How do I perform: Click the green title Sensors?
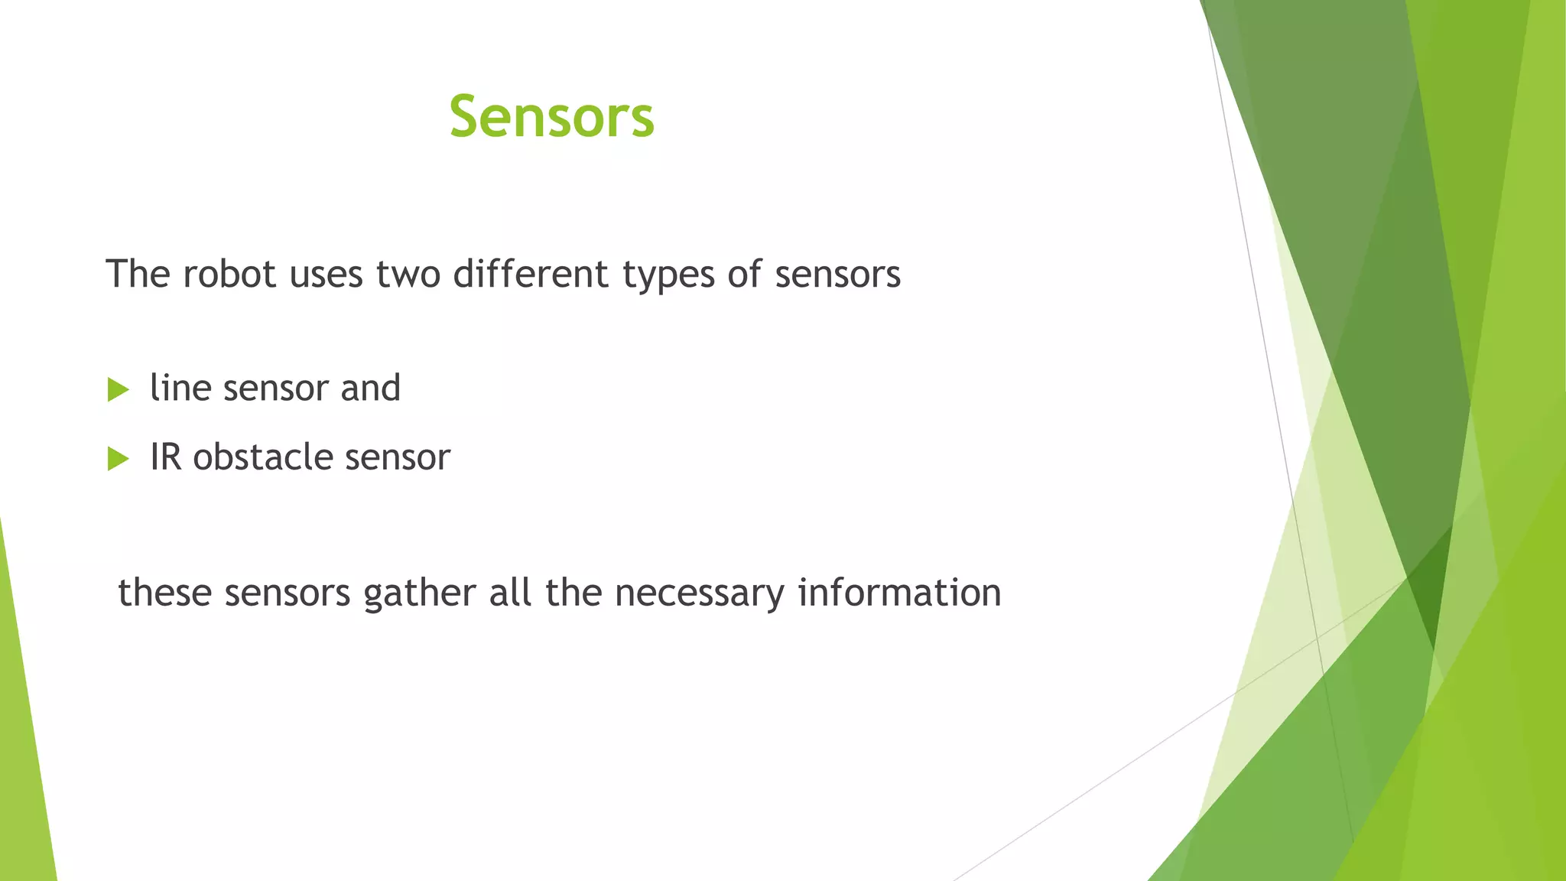[551, 117]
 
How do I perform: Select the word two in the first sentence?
[408, 274]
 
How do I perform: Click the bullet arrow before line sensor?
[118, 389]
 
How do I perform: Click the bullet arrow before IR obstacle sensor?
[118, 459]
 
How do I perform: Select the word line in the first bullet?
[180, 388]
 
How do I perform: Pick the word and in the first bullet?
[370, 388]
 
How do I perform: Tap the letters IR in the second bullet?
[165, 457]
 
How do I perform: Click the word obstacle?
[262, 457]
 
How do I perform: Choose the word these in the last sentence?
[164, 593]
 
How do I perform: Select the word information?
[899, 593]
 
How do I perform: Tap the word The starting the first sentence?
[138, 274]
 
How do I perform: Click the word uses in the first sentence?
[326, 275]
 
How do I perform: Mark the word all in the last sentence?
[509, 593]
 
